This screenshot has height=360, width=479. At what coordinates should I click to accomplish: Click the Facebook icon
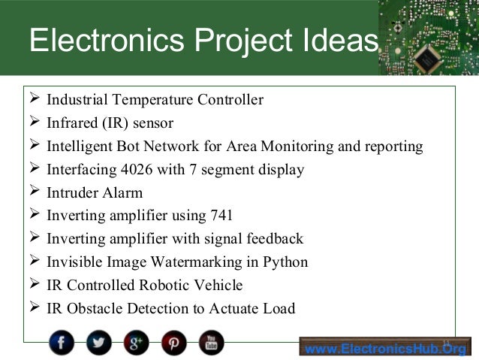62,343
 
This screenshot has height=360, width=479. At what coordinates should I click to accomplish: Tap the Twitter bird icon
98,343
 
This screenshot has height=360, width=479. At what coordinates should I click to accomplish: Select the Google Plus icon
137,343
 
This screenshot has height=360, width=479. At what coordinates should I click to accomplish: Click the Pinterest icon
173,343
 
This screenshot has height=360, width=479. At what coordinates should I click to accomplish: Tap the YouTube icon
211,343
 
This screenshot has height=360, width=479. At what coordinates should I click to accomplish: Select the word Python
285,263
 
